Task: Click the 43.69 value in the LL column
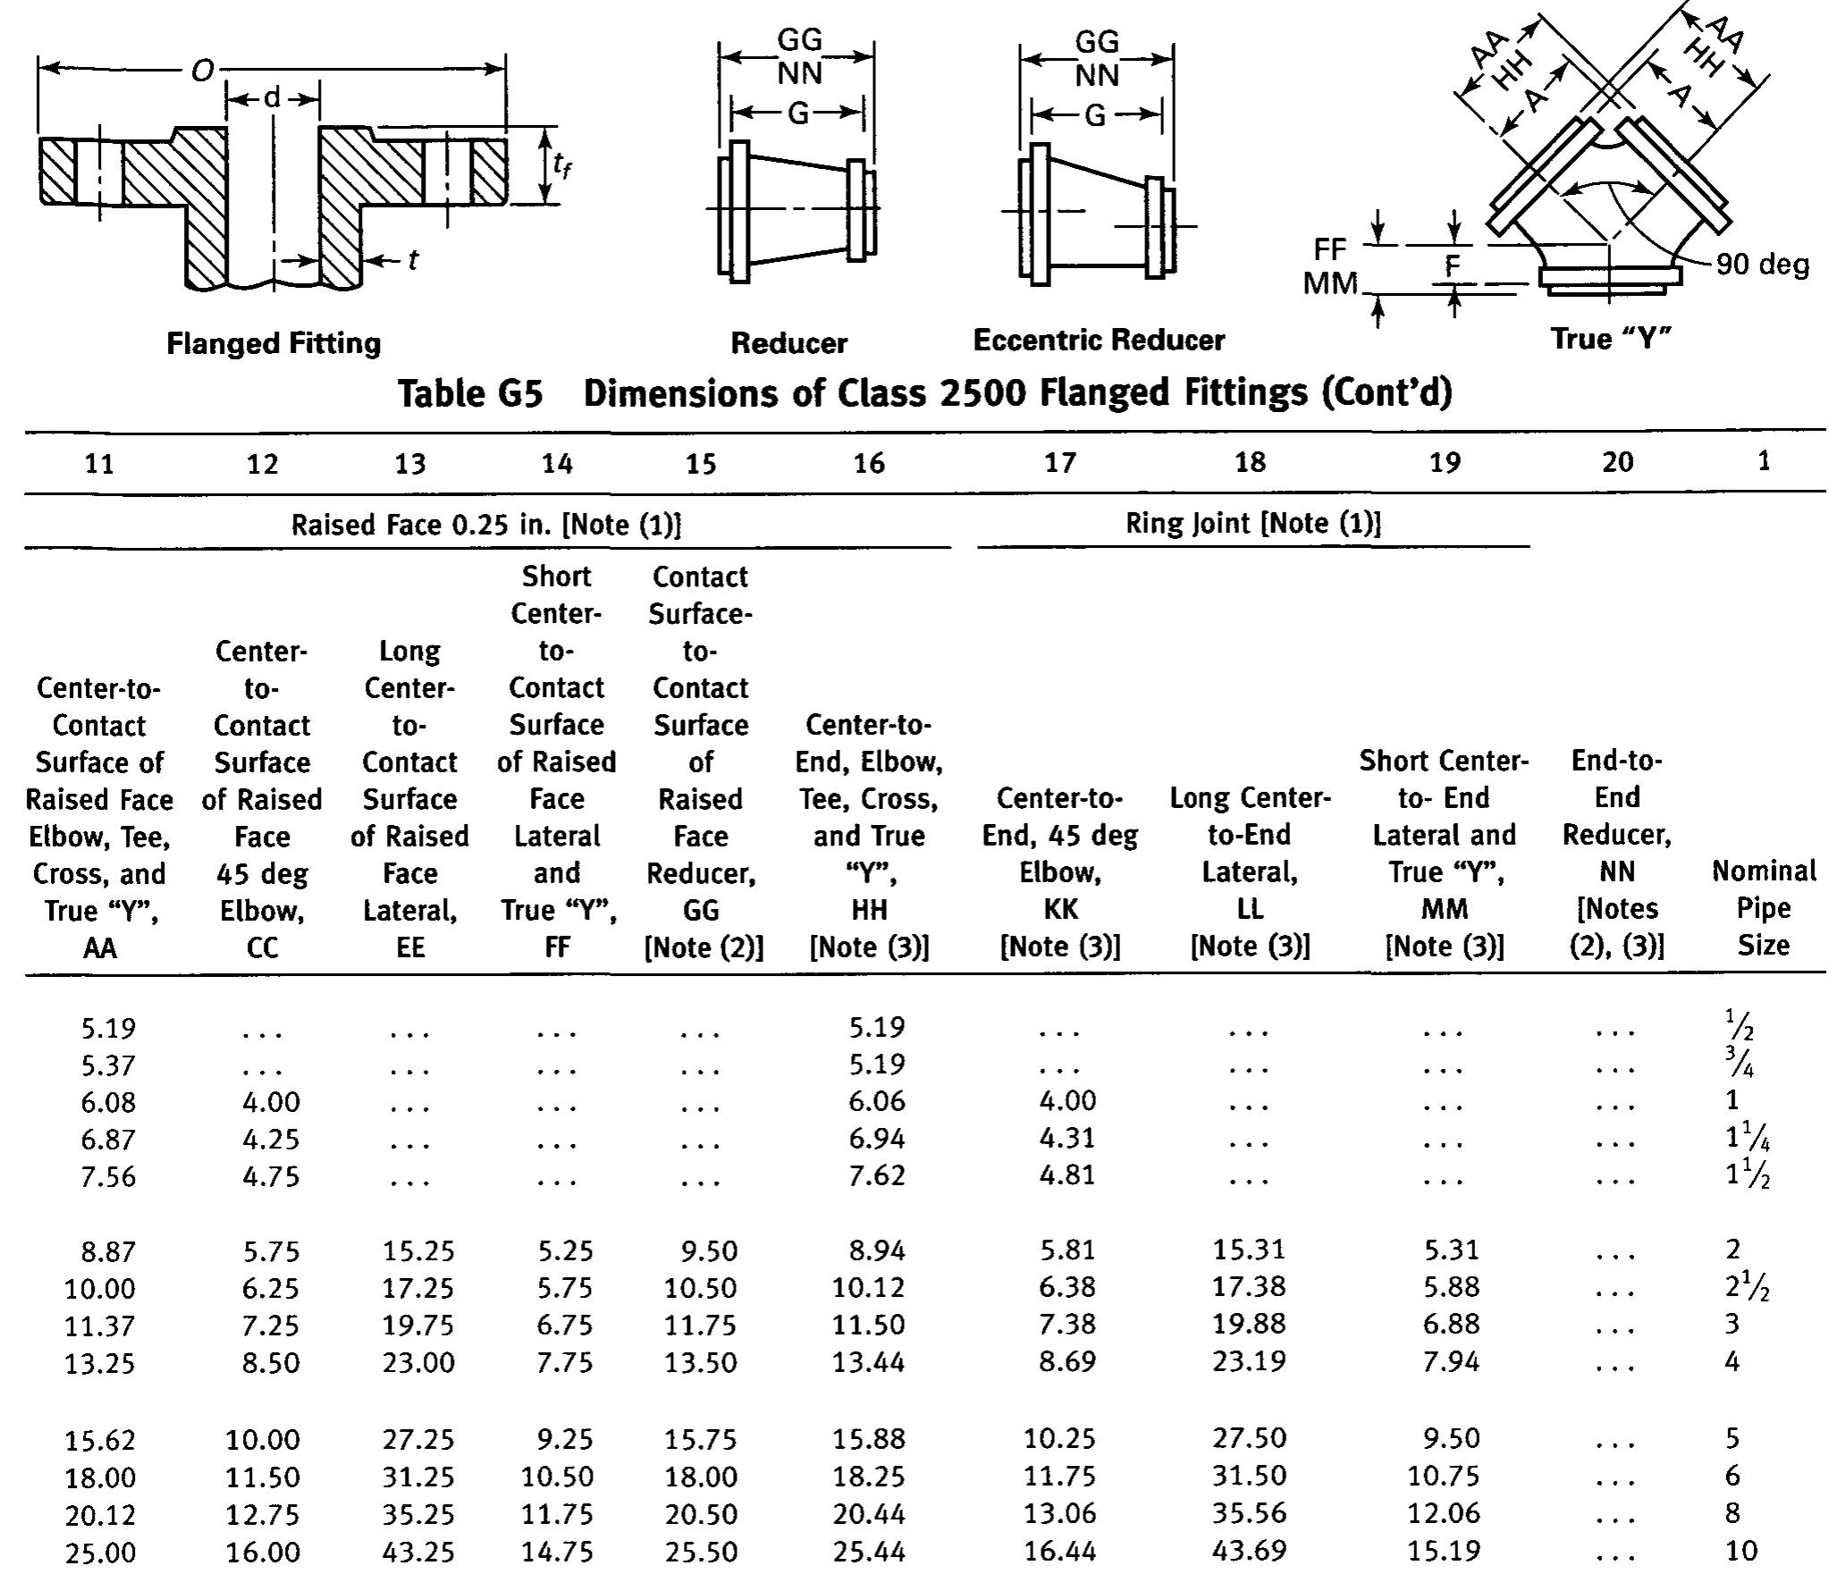[1249, 1550]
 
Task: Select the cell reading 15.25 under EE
[418, 1250]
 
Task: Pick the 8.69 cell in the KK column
[1067, 1361]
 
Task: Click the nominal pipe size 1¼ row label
[1747, 1138]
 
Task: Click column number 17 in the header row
[1060, 462]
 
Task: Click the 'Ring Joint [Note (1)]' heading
[1252, 523]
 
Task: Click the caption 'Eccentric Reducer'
[1098, 341]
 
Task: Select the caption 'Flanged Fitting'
[274, 343]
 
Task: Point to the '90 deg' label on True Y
[1762, 265]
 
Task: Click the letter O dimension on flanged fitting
[203, 71]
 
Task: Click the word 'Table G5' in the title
[470, 393]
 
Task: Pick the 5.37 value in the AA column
[108, 1065]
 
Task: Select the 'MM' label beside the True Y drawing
[1329, 283]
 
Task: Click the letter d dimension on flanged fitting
[273, 97]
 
